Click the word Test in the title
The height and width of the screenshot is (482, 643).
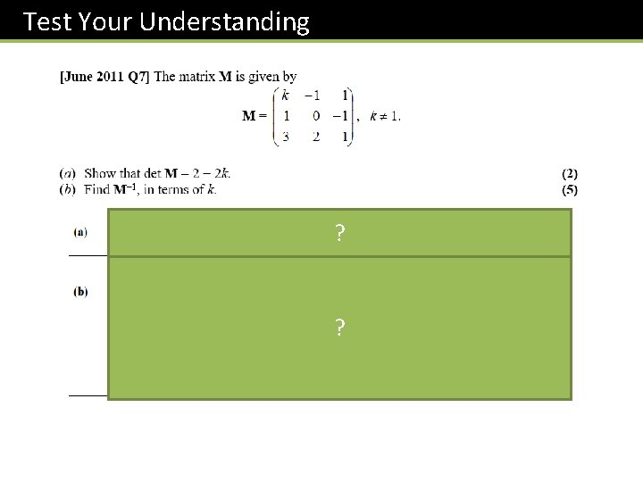coord(46,21)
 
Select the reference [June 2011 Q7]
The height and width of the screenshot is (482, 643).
coord(104,77)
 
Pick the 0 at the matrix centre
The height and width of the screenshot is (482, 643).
coord(315,115)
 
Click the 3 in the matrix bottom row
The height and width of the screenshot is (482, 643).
coord(286,137)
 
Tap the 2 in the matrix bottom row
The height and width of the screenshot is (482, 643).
coord(315,137)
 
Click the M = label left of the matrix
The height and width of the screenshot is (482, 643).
coord(255,115)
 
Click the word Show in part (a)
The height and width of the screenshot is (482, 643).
coord(100,173)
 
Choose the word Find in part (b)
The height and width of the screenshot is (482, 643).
coord(96,188)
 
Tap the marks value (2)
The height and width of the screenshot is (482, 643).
coord(570,173)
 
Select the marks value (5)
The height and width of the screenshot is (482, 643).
coord(570,188)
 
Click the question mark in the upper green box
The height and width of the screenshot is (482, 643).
coord(339,234)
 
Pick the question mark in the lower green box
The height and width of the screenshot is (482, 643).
coord(339,328)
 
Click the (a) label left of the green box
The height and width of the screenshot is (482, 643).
coord(80,232)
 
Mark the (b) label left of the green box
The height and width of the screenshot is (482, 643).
coord(80,292)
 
